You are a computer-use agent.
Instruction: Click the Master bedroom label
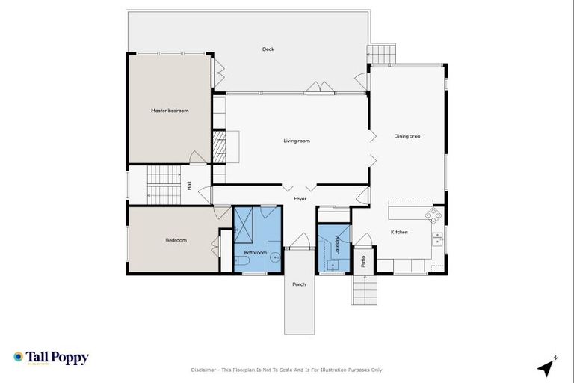(170, 111)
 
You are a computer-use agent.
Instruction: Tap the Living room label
(297, 141)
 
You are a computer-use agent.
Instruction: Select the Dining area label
(407, 136)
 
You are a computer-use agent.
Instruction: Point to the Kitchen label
(399, 232)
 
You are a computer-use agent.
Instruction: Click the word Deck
(268, 49)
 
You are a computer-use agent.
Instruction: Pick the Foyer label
(300, 199)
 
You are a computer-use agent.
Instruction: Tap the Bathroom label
(256, 253)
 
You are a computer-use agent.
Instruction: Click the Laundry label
(338, 245)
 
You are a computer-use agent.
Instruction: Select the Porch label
(299, 284)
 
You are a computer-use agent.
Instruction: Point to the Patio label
(363, 261)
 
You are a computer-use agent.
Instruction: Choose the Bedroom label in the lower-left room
(176, 240)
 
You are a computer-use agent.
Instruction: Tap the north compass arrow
(547, 367)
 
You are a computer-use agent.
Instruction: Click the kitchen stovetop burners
(433, 215)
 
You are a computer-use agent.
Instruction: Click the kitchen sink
(437, 239)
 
